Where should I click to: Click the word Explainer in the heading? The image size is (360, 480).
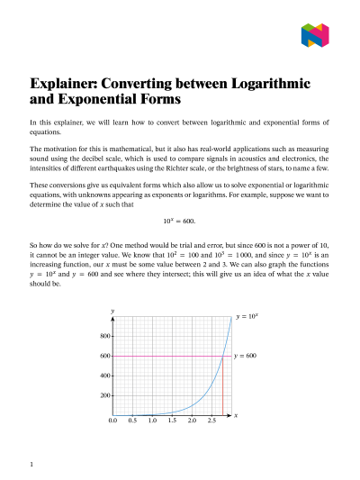(x=66, y=83)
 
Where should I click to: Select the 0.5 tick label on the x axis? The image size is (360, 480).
(x=132, y=421)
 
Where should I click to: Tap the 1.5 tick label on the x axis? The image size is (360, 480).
(x=172, y=421)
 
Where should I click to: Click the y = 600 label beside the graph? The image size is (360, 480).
(x=245, y=356)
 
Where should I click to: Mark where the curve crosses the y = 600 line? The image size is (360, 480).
(x=221, y=356)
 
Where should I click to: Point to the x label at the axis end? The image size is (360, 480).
(x=236, y=415)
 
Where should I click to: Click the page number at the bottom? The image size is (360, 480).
(x=31, y=465)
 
